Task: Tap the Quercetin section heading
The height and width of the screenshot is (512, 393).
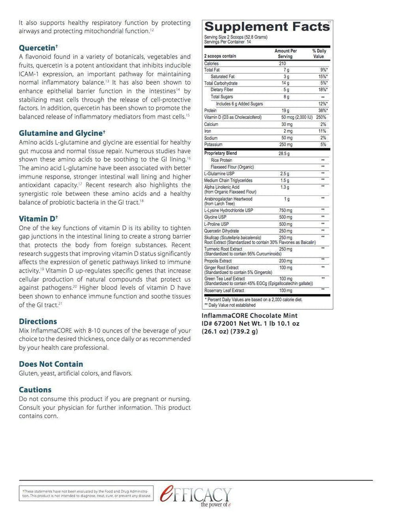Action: coord(38,48)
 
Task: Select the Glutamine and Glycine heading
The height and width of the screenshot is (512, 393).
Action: coord(61,133)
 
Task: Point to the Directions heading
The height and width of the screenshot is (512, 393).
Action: coord(38,322)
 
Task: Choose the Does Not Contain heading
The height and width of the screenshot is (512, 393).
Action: coord(51,364)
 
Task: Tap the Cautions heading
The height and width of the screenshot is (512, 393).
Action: coord(35,390)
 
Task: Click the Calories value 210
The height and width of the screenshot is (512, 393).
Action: coord(282,63)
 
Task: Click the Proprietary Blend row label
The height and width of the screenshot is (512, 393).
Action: coord(222,153)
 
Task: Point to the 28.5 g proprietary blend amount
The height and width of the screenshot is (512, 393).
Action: coord(282,153)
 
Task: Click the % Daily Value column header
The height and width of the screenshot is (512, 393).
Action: coord(319,53)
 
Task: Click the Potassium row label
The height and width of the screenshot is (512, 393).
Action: coord(215,145)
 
